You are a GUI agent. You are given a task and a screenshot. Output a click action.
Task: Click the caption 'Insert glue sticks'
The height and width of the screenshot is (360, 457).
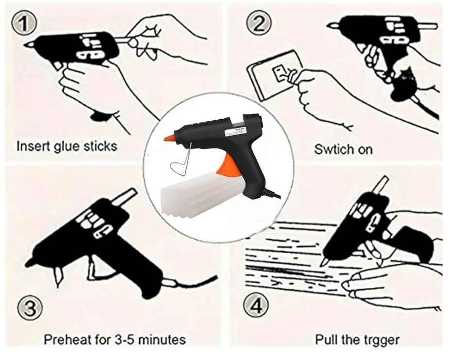(x=67, y=145)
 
